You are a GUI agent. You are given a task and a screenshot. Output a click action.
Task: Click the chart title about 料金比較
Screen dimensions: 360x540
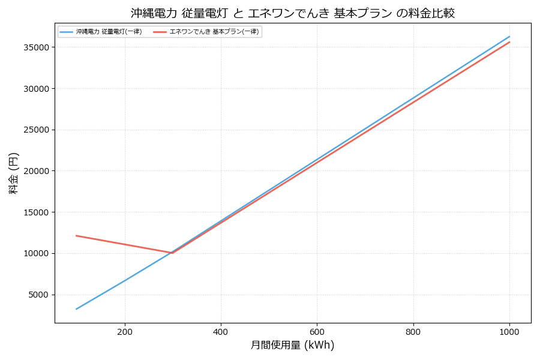pos(292,13)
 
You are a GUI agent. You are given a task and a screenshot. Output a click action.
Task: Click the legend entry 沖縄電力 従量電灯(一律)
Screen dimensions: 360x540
pos(109,32)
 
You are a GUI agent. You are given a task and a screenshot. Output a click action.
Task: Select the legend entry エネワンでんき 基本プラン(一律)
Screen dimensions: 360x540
pos(214,32)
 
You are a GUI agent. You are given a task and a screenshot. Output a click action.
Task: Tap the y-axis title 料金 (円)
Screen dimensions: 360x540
pos(13,173)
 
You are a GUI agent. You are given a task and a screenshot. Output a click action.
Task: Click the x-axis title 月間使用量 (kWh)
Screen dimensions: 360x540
pos(292,345)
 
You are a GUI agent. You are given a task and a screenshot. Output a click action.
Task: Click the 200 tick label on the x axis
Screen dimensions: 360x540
pos(125,331)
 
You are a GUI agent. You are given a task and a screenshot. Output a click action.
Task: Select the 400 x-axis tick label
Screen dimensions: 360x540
pos(221,331)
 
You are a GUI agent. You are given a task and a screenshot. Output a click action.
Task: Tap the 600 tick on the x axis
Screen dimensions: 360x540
pos(317,331)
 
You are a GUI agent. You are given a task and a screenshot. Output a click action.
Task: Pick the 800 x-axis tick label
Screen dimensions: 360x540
pos(413,331)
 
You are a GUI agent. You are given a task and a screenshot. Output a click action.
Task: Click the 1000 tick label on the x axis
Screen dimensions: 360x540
pos(509,331)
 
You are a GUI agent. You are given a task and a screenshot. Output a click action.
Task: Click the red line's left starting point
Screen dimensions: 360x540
pos(77,236)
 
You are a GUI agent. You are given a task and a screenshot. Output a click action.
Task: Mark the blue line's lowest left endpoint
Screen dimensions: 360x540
pos(77,309)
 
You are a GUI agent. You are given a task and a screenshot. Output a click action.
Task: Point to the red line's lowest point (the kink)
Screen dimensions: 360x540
pos(173,253)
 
